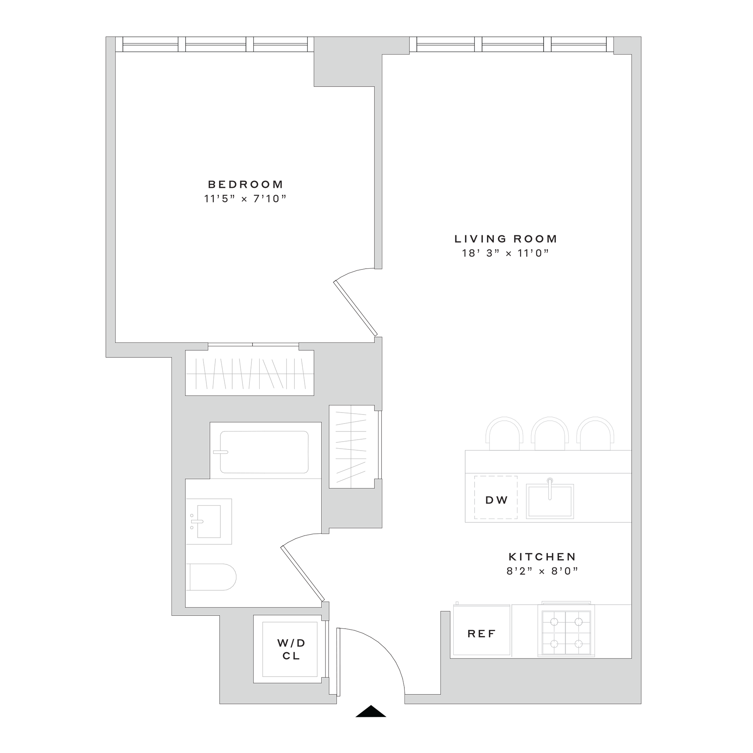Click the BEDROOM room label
coord(246,184)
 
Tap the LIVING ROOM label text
coord(506,239)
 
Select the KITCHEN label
coord(542,557)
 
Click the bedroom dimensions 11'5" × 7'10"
coord(246,199)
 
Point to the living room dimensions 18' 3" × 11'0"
coord(505,253)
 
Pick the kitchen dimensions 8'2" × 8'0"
coord(542,571)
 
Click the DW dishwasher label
coord(497,500)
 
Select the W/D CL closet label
coord(291,649)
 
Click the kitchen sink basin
coord(550,502)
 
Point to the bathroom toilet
coord(212,577)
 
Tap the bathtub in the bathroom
coord(264,452)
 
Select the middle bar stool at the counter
coord(549,433)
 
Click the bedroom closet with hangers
coord(249,373)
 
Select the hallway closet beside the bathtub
coord(352,447)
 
